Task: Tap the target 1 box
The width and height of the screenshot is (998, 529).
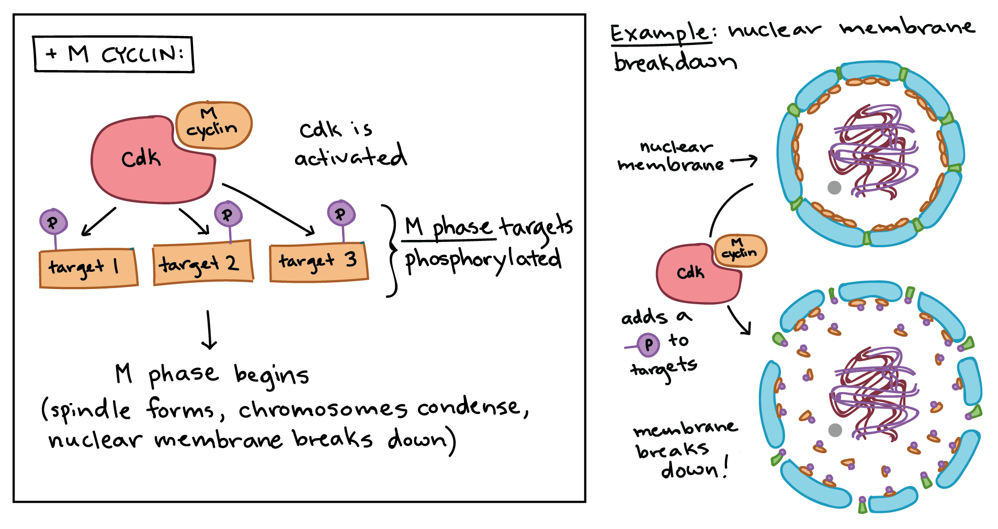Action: (88, 268)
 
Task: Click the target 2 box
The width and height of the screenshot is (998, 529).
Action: (202, 263)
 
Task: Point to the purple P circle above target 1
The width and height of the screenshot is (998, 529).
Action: (53, 222)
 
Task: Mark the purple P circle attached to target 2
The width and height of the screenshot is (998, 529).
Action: (228, 214)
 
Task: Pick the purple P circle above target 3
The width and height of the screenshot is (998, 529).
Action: (341, 213)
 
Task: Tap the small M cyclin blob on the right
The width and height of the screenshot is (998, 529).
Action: (740, 250)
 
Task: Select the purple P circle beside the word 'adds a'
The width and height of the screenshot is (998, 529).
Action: (649, 344)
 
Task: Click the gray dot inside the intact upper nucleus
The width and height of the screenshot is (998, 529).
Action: (834, 188)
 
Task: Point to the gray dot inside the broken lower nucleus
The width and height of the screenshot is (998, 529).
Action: (835, 430)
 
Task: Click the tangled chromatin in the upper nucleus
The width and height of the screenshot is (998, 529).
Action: (874, 152)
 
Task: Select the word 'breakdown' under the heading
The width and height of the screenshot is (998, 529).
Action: (675, 63)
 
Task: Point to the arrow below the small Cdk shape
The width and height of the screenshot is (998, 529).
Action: (740, 320)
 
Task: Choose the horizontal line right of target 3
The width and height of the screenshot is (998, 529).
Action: (448, 240)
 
